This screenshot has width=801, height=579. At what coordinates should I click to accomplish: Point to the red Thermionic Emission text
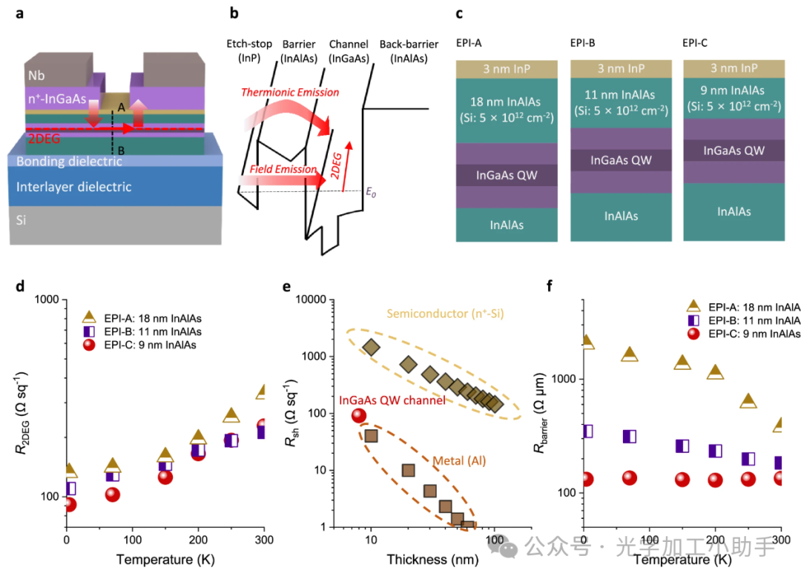click(x=289, y=93)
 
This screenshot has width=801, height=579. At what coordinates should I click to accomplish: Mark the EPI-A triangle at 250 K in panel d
click(x=231, y=415)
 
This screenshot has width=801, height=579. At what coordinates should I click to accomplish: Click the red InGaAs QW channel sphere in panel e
click(x=359, y=417)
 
